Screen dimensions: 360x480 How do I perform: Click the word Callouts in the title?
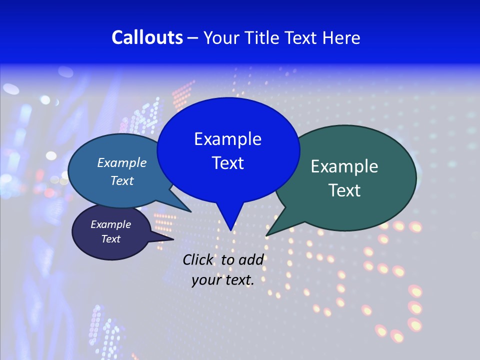147,37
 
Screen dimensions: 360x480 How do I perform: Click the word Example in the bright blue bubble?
227,139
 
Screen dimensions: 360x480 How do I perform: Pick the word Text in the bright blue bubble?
227,163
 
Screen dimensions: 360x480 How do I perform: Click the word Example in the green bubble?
344,166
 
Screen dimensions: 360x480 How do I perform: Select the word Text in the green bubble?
344,190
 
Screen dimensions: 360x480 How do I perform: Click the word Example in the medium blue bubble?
121,162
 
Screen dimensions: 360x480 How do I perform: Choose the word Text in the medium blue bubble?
121,180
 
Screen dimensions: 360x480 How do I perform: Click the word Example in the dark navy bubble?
110,224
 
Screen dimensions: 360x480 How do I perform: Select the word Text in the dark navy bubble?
110,239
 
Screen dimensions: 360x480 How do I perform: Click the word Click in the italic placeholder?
197,259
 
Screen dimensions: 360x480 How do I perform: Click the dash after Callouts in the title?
193,38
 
